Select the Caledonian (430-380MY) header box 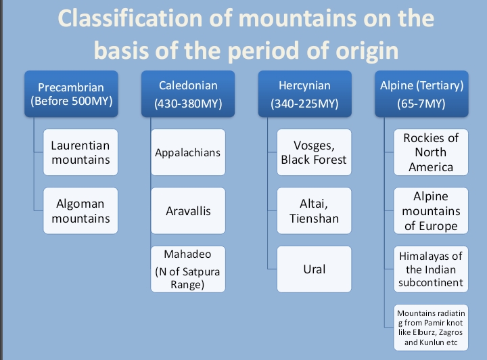point(188,95)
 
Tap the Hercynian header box point(304,95)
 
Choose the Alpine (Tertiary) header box point(421,95)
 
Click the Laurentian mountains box point(80,152)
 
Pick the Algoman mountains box point(80,211)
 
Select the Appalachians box point(188,152)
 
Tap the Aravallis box point(188,211)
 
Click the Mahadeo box point(188,269)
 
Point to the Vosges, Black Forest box point(314,152)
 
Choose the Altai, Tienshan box point(314,211)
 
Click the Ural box point(314,269)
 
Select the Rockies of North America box point(431,152)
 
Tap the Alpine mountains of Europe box point(431,211)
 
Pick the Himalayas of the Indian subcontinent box point(431,269)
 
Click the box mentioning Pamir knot point(431,328)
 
